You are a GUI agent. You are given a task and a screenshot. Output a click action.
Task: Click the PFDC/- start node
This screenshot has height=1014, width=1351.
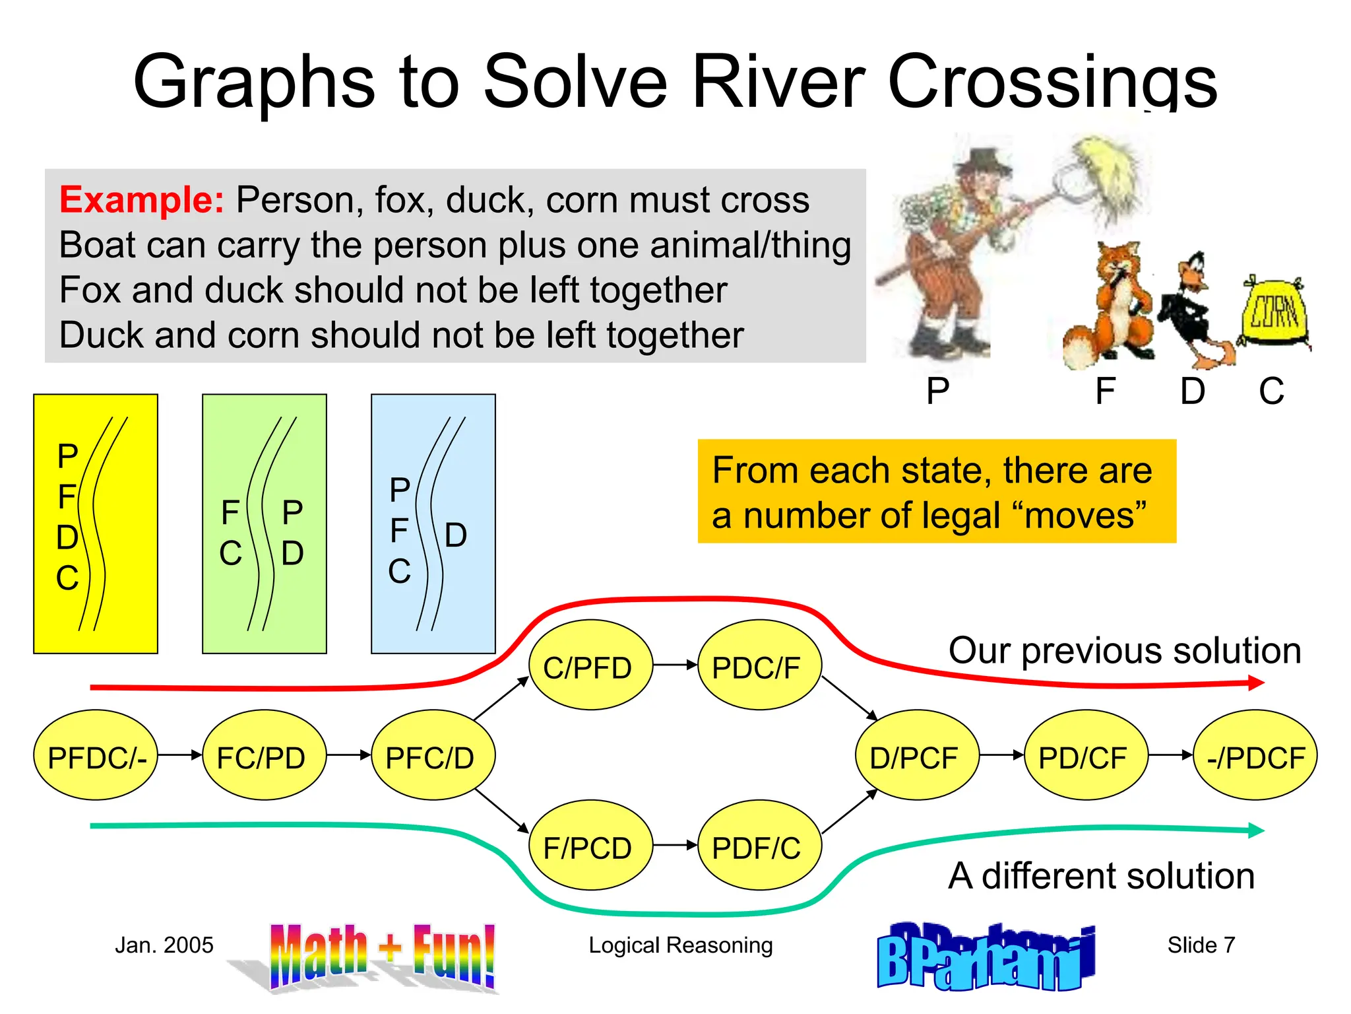tap(96, 755)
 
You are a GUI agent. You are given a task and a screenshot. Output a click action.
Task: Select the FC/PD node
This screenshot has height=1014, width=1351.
tap(264, 755)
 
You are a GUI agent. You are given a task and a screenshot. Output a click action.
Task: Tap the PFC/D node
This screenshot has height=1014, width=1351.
tap(433, 755)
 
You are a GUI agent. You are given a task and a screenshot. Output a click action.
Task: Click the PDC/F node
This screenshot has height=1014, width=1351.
tap(759, 665)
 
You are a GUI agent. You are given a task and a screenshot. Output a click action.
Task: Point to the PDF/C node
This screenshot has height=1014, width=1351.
tap(759, 846)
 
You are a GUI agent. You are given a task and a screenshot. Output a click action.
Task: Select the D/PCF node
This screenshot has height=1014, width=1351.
tap(916, 755)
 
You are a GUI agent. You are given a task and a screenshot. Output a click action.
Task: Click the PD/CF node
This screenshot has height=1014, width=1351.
tap(1085, 755)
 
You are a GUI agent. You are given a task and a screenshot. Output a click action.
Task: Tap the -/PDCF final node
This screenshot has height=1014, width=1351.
tap(1255, 755)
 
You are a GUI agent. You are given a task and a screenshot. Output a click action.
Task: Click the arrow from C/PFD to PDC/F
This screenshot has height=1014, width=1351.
tap(675, 665)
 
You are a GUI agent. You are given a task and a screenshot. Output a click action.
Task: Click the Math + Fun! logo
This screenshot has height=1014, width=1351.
tap(383, 956)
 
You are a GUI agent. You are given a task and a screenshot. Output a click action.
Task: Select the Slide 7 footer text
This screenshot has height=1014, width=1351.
tap(1201, 945)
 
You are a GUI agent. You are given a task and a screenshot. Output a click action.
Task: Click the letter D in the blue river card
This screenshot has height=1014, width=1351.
tap(456, 535)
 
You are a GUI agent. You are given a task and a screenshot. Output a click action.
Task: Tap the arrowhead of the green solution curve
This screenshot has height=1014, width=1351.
tap(1256, 830)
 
